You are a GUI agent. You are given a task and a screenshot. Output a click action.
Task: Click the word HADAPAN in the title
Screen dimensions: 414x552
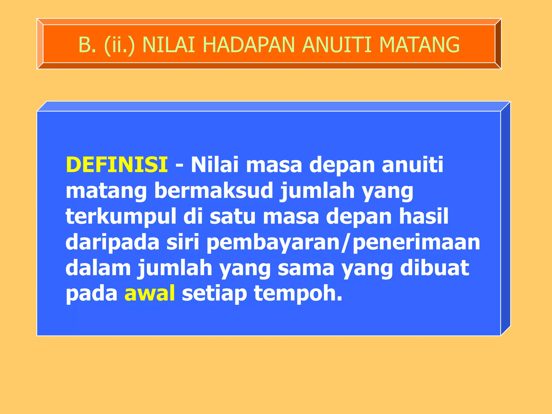248,45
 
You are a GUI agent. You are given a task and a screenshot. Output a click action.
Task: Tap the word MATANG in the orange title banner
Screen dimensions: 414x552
419,45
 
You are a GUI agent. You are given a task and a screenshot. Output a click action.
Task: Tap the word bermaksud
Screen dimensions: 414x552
214,191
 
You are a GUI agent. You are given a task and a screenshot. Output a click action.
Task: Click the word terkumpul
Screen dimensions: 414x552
121,216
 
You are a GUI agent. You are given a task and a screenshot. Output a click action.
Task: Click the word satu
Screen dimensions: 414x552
232,216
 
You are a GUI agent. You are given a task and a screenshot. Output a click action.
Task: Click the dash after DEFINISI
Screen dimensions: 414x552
179,165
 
